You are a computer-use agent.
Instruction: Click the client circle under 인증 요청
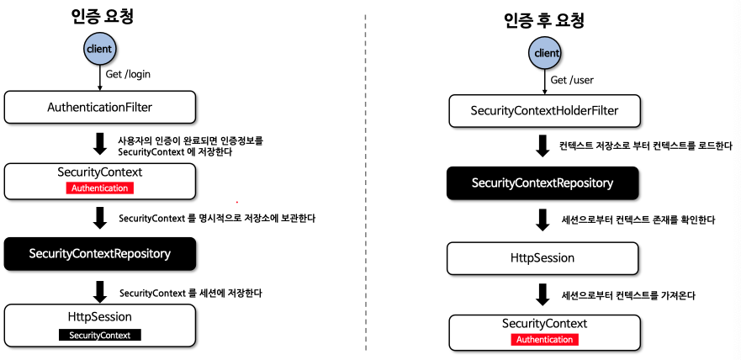point(99,49)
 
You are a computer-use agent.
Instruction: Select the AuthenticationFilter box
point(100,108)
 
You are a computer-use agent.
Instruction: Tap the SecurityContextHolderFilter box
point(544,111)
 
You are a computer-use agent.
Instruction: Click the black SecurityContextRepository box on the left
point(100,253)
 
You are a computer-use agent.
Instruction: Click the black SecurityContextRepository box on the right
point(543,183)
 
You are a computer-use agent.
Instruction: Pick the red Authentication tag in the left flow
point(99,188)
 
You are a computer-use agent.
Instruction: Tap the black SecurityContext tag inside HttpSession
point(100,334)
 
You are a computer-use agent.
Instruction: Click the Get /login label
point(128,74)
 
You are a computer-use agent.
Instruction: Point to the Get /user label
point(571,81)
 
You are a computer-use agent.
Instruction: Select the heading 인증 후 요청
point(545,21)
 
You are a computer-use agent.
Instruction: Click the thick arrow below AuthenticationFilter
point(100,144)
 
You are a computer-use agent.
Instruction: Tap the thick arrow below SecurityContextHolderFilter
point(543,146)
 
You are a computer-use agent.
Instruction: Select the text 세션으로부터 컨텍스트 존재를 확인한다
point(637,220)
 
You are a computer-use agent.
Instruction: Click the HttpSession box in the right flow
point(543,258)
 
